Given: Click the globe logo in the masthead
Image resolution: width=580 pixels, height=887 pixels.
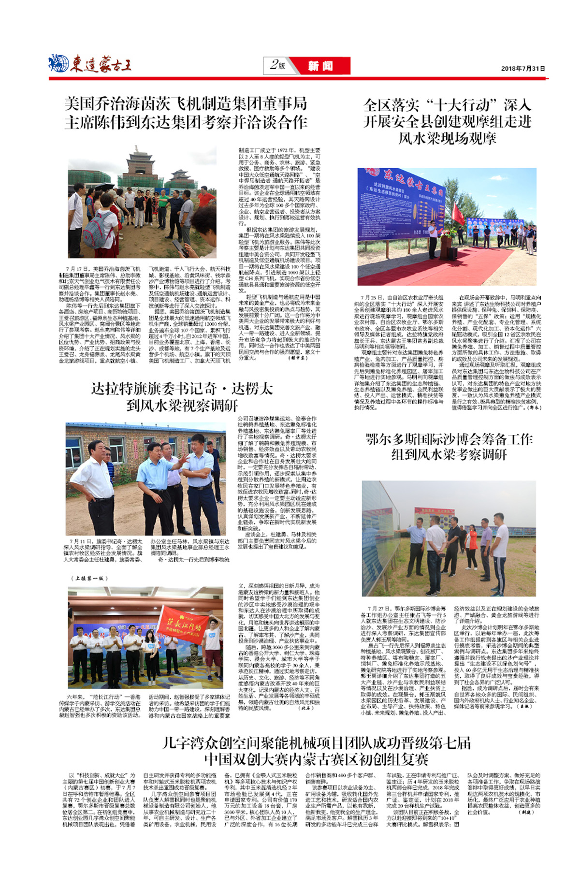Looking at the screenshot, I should click(58, 63).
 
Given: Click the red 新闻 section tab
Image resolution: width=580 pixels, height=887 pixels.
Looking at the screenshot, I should click(320, 66).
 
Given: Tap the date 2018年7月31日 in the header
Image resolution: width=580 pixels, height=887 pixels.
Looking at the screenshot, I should click(522, 69).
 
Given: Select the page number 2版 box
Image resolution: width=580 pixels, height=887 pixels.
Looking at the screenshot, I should click(278, 65).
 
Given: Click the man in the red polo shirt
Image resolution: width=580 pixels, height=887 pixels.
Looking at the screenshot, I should click(204, 199).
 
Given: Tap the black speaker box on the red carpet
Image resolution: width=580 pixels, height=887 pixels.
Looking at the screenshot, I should click(453, 253).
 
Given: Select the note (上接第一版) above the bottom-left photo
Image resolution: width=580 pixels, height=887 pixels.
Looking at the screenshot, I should click(90, 578).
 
